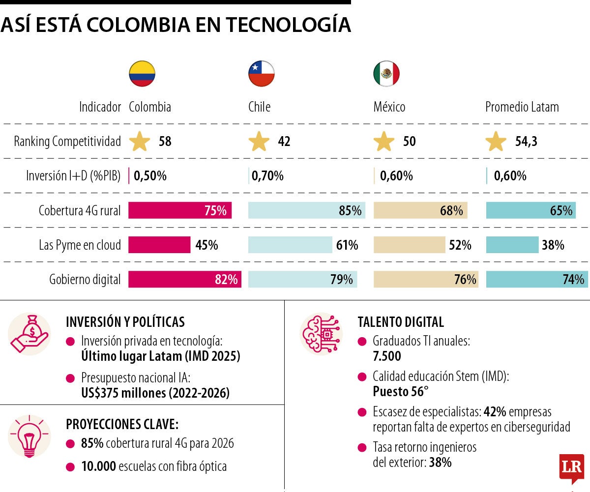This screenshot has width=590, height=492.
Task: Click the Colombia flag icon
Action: tap(142, 74)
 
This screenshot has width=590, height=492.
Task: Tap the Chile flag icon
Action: tap(261, 74)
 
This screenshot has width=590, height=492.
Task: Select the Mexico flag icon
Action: tap(386, 74)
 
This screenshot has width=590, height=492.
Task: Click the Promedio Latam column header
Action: tap(522, 107)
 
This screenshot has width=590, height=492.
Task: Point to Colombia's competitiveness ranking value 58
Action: tap(165, 142)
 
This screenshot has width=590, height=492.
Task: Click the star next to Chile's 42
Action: tap(259, 142)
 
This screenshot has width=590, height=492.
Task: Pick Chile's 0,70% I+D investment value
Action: tap(267, 175)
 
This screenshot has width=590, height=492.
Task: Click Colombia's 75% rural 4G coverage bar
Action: tap(180, 211)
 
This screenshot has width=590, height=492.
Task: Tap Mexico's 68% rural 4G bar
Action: tap(420, 211)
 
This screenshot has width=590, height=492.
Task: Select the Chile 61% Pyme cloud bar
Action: tap(291, 245)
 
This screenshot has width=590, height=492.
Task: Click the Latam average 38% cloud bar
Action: tap(512, 245)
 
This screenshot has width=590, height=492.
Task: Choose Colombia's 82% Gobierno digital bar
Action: tap(185, 280)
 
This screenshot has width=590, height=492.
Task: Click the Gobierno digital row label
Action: tap(85, 280)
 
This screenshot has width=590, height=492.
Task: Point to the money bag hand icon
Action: tap(29, 334)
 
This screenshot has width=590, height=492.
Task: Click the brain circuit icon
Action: tap(321, 334)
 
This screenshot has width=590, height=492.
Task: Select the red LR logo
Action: tap(571, 467)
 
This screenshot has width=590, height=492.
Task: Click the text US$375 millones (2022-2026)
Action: tap(155, 393)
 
